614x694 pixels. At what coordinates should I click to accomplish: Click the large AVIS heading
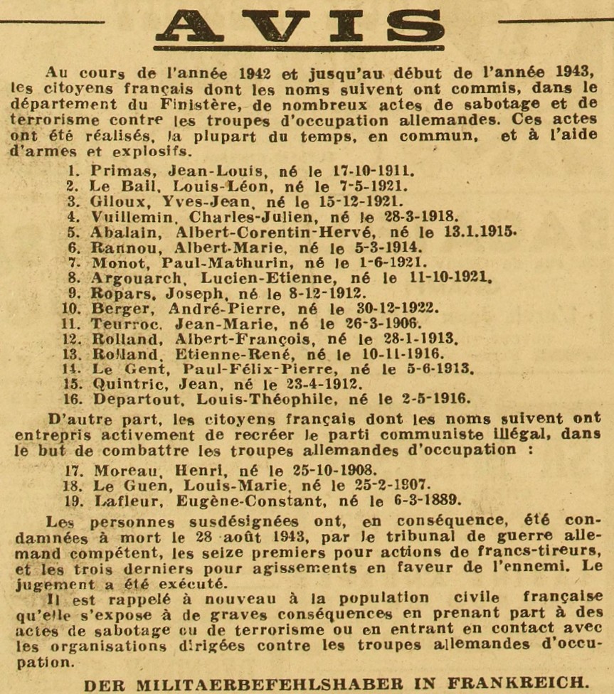point(300,26)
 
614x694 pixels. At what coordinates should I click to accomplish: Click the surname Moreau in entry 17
point(118,469)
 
